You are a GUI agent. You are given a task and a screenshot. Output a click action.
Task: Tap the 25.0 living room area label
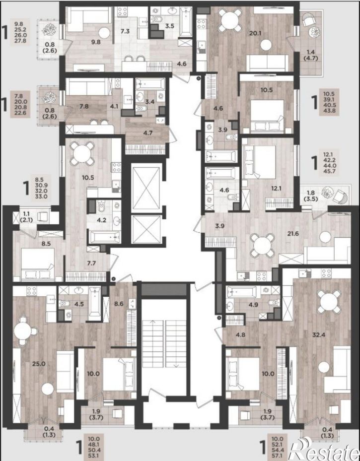[x=39, y=364]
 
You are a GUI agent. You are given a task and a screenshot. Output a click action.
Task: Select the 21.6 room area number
[x=293, y=234]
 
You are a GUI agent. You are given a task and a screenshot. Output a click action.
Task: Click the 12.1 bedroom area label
[x=277, y=189]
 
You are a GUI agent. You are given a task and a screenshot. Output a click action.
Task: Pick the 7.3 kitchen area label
[x=125, y=31]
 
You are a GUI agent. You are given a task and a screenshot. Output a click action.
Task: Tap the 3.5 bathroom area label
[x=169, y=26]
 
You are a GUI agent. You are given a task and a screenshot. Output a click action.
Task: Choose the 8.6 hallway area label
[x=119, y=304]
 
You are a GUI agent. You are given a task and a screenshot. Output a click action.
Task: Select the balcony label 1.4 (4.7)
[x=310, y=55]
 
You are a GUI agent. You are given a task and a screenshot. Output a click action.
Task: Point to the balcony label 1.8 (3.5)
[x=311, y=196]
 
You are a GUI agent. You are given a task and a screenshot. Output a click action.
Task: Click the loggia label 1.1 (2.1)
[x=26, y=217]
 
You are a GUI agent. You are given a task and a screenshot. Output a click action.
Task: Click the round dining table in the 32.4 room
[x=329, y=302]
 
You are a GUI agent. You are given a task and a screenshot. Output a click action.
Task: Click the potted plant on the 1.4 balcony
[x=315, y=31]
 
